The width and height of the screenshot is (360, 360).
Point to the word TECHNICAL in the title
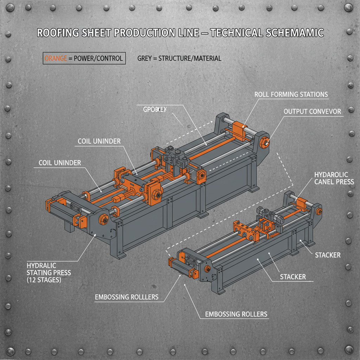pos(232,33)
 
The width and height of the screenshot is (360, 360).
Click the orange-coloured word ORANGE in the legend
pos(56,58)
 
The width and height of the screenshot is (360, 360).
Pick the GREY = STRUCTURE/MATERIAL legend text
pos(179,58)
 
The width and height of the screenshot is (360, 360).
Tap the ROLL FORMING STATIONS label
pos(291,94)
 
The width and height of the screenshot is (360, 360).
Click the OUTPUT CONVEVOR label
pos(312,111)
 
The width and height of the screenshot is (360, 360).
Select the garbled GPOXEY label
pos(155,110)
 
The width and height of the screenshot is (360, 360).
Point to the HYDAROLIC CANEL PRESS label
pos(331,178)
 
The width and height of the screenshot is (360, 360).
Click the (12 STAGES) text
pos(44,280)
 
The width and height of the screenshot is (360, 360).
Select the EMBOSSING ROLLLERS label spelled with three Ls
pos(127,297)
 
